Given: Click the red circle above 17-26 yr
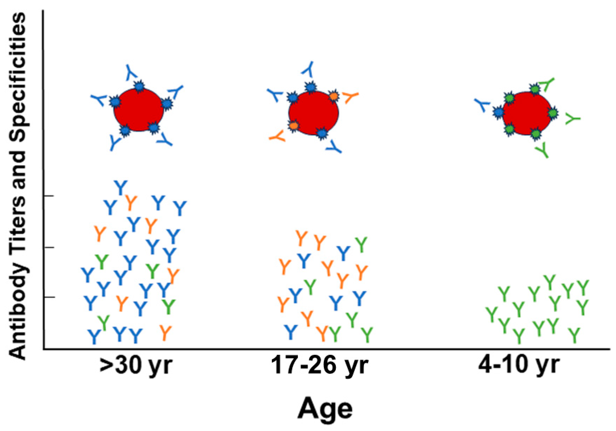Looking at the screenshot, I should (x=313, y=113).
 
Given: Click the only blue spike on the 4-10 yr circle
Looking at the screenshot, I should (x=499, y=112).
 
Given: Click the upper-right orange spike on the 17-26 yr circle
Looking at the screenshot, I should (x=333, y=96).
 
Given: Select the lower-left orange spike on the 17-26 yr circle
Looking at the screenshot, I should (x=293, y=125).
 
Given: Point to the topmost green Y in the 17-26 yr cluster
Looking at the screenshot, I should (x=361, y=244).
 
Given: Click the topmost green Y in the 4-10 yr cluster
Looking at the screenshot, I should (x=550, y=282).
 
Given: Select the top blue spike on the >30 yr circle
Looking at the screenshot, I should (x=139, y=86).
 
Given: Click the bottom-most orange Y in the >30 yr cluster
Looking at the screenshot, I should (x=165, y=332).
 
